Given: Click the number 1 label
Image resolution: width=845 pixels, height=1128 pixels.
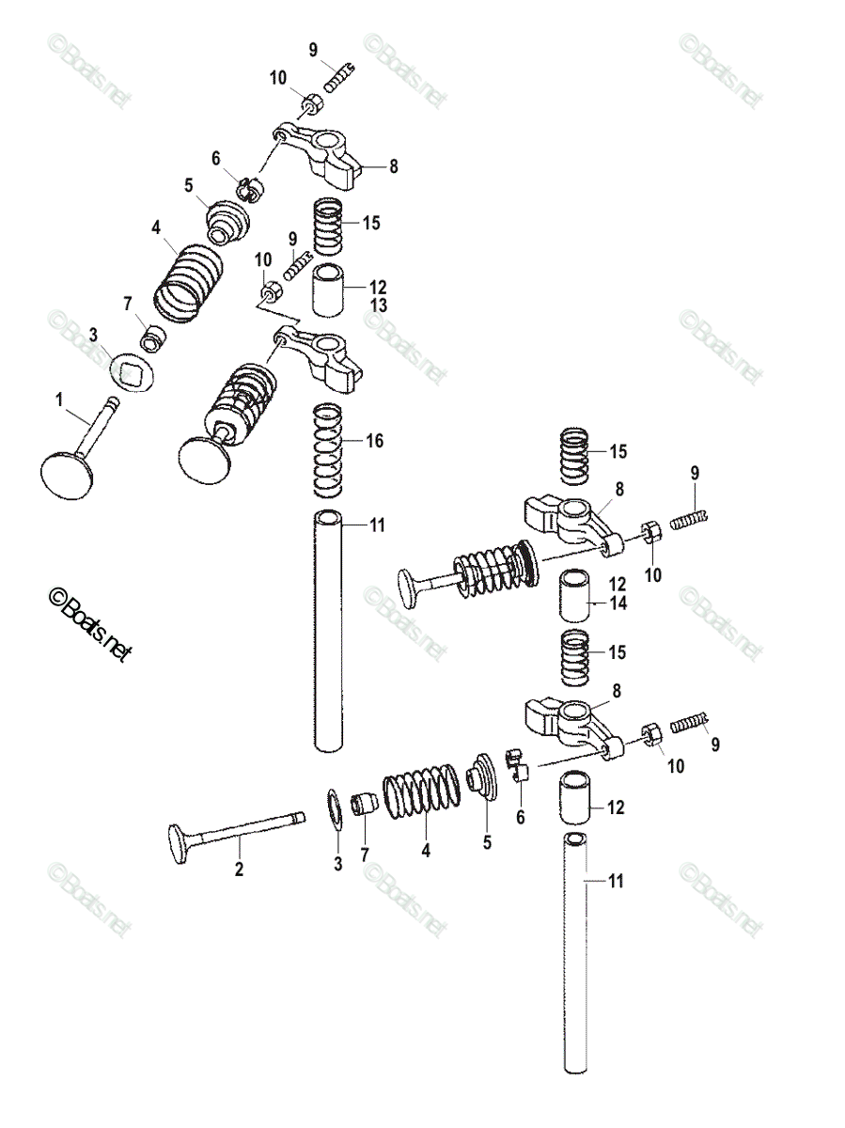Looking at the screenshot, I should (x=58, y=400).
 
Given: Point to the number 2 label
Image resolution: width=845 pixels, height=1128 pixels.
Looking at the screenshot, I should (x=239, y=869).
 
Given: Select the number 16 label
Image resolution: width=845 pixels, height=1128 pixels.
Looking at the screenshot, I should (x=375, y=441).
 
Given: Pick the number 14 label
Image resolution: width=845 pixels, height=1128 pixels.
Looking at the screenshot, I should (x=617, y=605).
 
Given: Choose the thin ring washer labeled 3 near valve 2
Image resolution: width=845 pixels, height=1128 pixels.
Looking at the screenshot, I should (x=335, y=809).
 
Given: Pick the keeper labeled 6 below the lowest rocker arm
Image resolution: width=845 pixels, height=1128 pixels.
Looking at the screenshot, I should (x=518, y=767).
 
